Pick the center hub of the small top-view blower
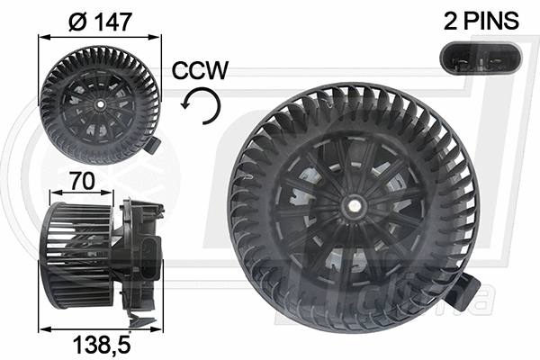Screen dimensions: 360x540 click(98, 104)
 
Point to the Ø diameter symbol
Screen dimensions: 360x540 click(76, 20)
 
